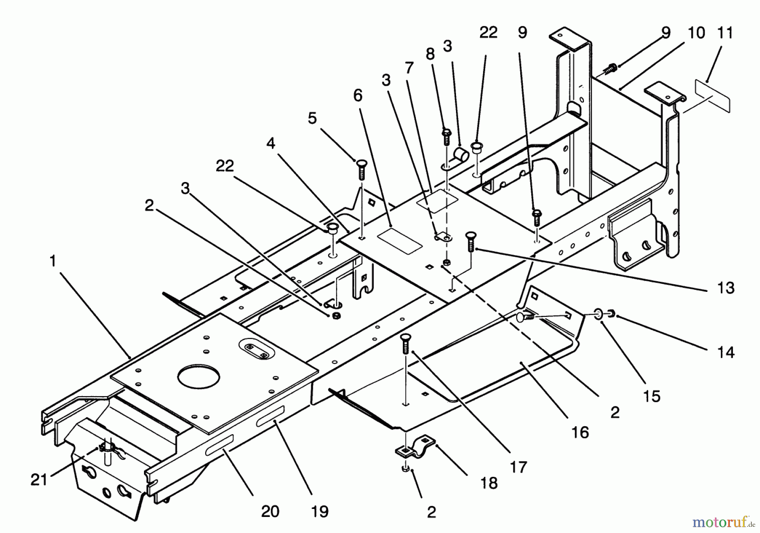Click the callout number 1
(x=53, y=261)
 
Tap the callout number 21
(x=38, y=480)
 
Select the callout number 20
(x=270, y=511)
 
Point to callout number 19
(x=320, y=511)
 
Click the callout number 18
(x=489, y=483)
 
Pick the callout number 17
(x=518, y=467)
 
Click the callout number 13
(x=726, y=288)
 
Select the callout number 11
(x=725, y=33)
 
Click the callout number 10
(x=696, y=33)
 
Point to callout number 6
(x=358, y=96)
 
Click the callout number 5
(x=312, y=119)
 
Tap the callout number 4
(x=271, y=143)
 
